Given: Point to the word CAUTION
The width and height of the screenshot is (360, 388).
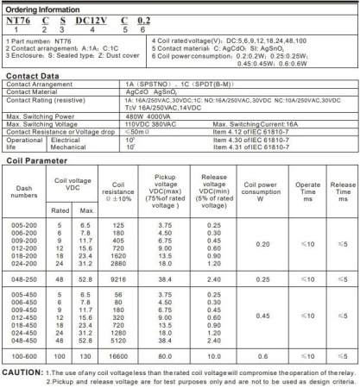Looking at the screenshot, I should pyautogui.click(x=23, y=372).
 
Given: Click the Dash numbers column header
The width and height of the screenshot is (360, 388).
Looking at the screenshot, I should pyautogui.click(x=24, y=189).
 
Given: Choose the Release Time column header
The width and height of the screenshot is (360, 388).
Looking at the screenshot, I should pyautogui.click(x=342, y=189).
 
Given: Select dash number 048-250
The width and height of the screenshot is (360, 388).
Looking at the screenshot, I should pyautogui.click(x=24, y=280).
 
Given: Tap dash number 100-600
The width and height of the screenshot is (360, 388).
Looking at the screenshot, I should pyautogui.click(x=24, y=355).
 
